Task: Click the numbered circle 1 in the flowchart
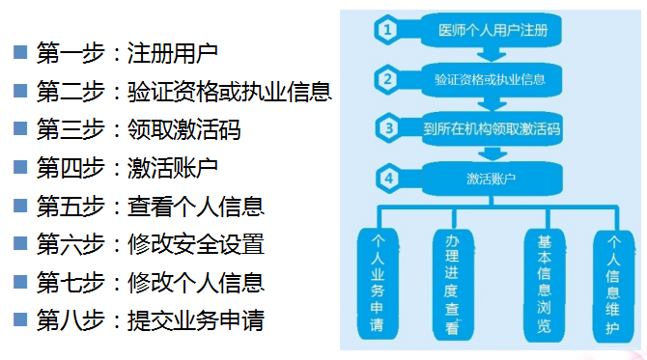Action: [387, 30]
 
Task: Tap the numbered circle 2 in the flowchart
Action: [387, 78]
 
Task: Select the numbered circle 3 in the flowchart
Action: [387, 127]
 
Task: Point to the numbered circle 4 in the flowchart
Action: [387, 178]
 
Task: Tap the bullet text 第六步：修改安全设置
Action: [150, 243]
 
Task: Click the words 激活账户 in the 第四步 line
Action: [172, 168]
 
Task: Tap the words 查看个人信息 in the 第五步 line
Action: [195, 206]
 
